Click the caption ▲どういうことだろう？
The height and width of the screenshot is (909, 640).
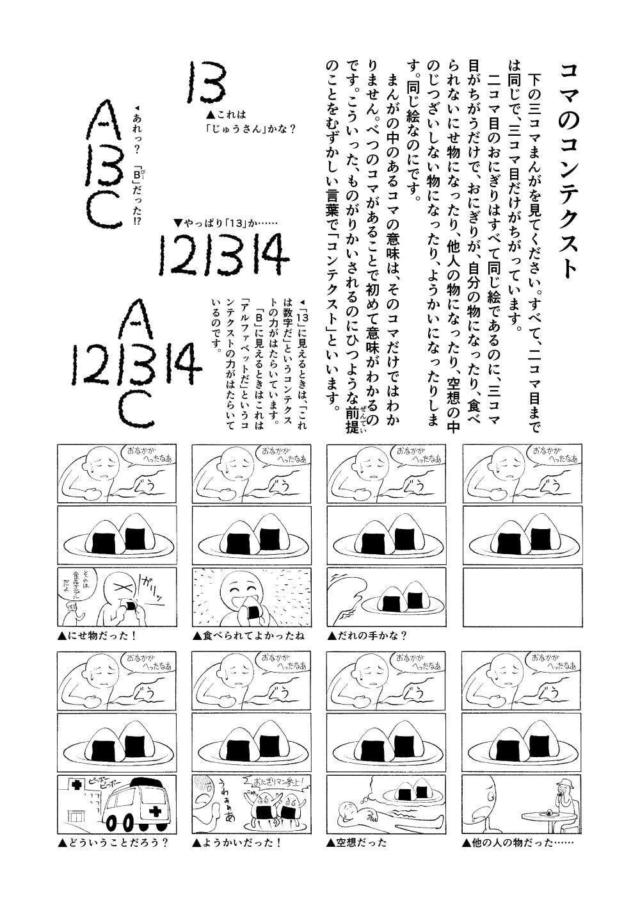[113, 842]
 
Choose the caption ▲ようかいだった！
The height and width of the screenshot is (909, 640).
[237, 842]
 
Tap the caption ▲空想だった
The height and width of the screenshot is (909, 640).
[356, 842]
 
